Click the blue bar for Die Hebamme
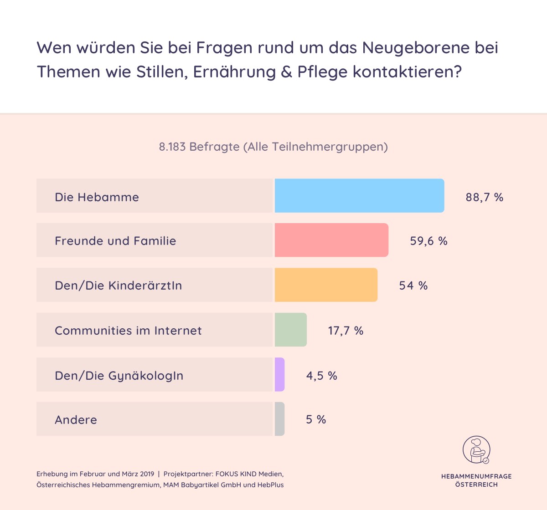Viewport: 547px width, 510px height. click(359, 196)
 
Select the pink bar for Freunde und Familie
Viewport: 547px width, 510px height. click(331, 240)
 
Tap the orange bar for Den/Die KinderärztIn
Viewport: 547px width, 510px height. click(326, 285)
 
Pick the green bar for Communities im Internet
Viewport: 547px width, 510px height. click(291, 330)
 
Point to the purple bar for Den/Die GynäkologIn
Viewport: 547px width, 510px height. click(279, 374)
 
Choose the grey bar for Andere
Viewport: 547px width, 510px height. click(279, 419)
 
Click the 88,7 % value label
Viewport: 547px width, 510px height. click(484, 197)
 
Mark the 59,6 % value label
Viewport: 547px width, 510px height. click(428, 241)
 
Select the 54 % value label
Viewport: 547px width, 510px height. click(413, 286)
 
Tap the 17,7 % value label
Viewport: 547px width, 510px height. click(346, 331)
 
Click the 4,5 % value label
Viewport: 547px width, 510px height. click(321, 376)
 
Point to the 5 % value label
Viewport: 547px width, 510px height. click(316, 419)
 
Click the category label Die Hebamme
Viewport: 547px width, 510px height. click(97, 197)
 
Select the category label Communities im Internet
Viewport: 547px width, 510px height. click(128, 331)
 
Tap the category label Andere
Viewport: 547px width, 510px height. click(76, 420)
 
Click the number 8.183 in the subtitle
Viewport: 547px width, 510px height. click(172, 147)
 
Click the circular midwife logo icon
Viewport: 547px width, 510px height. click(476, 450)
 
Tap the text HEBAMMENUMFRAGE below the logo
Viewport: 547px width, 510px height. click(476, 476)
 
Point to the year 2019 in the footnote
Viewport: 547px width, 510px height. click(147, 474)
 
